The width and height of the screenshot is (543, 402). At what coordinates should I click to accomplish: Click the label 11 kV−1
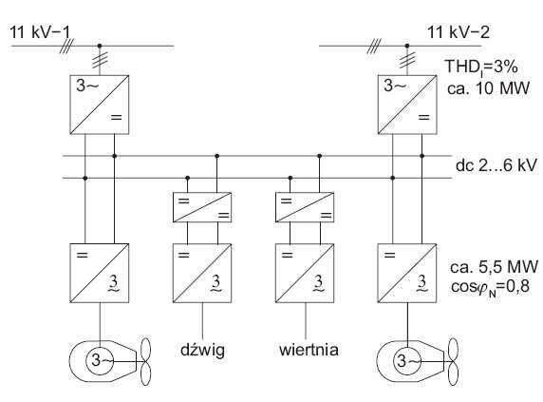pyautogui.click(x=40, y=32)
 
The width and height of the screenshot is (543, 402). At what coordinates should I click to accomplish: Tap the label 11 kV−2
pyautogui.click(x=459, y=32)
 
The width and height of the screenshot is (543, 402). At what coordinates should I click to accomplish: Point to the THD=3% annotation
pyautogui.click(x=481, y=67)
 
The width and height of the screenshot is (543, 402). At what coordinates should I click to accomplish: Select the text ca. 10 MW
pyautogui.click(x=488, y=88)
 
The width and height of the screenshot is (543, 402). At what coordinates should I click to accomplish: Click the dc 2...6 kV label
pyautogui.click(x=496, y=165)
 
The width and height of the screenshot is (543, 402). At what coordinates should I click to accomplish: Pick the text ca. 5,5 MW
pyautogui.click(x=495, y=266)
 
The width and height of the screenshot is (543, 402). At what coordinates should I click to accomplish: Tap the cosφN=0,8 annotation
pyautogui.click(x=490, y=287)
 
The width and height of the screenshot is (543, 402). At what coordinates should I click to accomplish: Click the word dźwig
pyautogui.click(x=202, y=350)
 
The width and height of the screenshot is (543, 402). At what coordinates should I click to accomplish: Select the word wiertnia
pyautogui.click(x=309, y=350)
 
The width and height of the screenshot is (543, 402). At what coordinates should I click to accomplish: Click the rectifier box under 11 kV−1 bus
pyautogui.click(x=100, y=105)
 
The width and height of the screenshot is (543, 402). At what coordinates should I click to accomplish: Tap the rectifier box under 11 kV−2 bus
pyautogui.click(x=407, y=105)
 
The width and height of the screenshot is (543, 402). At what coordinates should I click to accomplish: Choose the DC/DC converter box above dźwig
pyautogui.click(x=202, y=207)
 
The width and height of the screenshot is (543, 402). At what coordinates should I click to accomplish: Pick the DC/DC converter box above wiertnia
pyautogui.click(x=305, y=207)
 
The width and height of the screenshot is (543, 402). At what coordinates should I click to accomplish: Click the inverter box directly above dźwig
pyautogui.click(x=202, y=274)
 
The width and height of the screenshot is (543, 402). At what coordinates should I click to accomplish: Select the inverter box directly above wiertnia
pyautogui.click(x=305, y=274)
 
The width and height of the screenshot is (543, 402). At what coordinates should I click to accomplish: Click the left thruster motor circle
pyautogui.click(x=100, y=348)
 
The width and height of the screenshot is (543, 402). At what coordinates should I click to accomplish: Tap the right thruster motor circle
pyautogui.click(x=407, y=348)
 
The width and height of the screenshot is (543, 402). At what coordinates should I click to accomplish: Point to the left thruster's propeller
pyautogui.click(x=145, y=362)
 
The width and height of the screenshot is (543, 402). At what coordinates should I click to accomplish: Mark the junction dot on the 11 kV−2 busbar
pyautogui.click(x=407, y=46)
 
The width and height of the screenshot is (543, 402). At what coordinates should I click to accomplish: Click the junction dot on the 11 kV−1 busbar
pyautogui.click(x=100, y=46)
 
